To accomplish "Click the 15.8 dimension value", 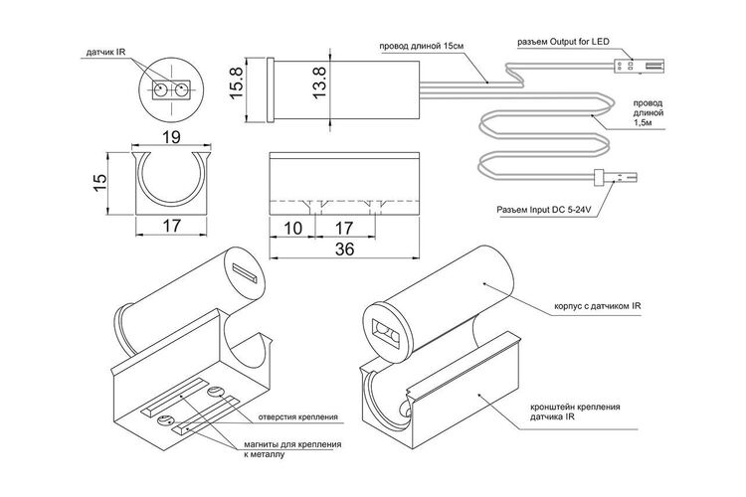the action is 236,83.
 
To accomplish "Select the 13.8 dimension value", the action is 319,83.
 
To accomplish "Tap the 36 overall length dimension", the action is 344,248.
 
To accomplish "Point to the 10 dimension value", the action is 292,229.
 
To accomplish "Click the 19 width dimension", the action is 171,137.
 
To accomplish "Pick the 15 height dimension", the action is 99,183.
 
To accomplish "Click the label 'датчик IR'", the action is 105,52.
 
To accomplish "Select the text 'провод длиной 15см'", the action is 421,46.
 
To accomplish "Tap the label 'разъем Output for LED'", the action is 563,42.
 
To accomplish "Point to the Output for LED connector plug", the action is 639,65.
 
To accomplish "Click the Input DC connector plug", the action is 615,178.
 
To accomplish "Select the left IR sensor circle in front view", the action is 159,88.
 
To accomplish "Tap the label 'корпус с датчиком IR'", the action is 598,306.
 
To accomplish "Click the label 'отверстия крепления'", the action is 297,417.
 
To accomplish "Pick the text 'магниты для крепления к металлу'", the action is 292,449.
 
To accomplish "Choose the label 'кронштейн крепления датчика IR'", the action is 575,412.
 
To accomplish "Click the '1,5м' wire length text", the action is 643,123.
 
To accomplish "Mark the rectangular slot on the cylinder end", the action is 245,273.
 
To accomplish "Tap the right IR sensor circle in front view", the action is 181,88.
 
